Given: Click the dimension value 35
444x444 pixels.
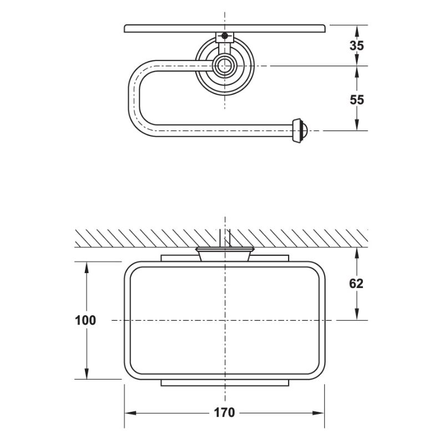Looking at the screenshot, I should (357, 46).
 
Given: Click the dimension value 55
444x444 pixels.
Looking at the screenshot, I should (357, 99).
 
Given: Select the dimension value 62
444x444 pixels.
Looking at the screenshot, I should (356, 284).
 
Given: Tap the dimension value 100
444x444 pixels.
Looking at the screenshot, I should (85, 320).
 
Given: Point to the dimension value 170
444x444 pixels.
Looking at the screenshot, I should (224, 412).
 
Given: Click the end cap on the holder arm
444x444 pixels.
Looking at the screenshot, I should (299, 130).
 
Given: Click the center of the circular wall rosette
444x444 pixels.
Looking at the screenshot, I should (224, 65).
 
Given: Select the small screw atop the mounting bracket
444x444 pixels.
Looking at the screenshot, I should (224, 37).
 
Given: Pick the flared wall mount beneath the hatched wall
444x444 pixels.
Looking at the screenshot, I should (224, 254).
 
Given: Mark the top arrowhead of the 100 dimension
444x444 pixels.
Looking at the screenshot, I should (86, 266).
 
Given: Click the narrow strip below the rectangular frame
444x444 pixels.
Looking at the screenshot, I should (224, 383).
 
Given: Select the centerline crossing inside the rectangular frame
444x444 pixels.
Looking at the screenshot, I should (224, 320).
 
